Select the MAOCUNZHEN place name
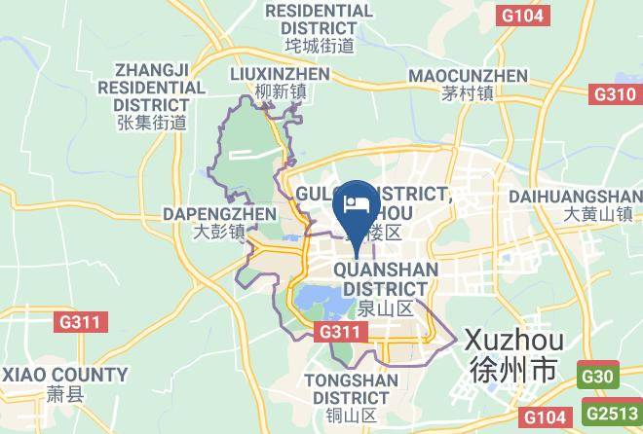468,75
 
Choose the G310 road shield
615,93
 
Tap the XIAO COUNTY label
64,375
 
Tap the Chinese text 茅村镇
468,94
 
